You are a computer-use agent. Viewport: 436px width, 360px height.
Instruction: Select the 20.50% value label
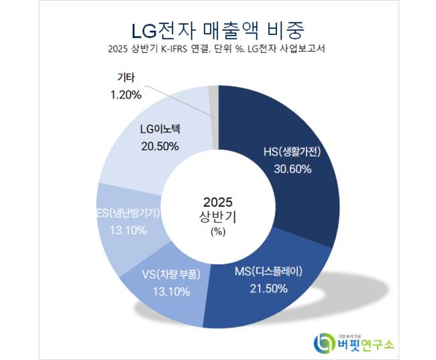coord(159,146)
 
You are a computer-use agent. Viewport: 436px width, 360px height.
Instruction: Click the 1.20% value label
coord(125,95)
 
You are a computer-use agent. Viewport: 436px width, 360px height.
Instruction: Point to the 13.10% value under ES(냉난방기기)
coord(120,230)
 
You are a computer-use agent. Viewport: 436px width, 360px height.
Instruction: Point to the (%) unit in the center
coord(217,232)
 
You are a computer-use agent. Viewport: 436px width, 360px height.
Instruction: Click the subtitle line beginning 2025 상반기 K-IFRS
coord(217,50)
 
